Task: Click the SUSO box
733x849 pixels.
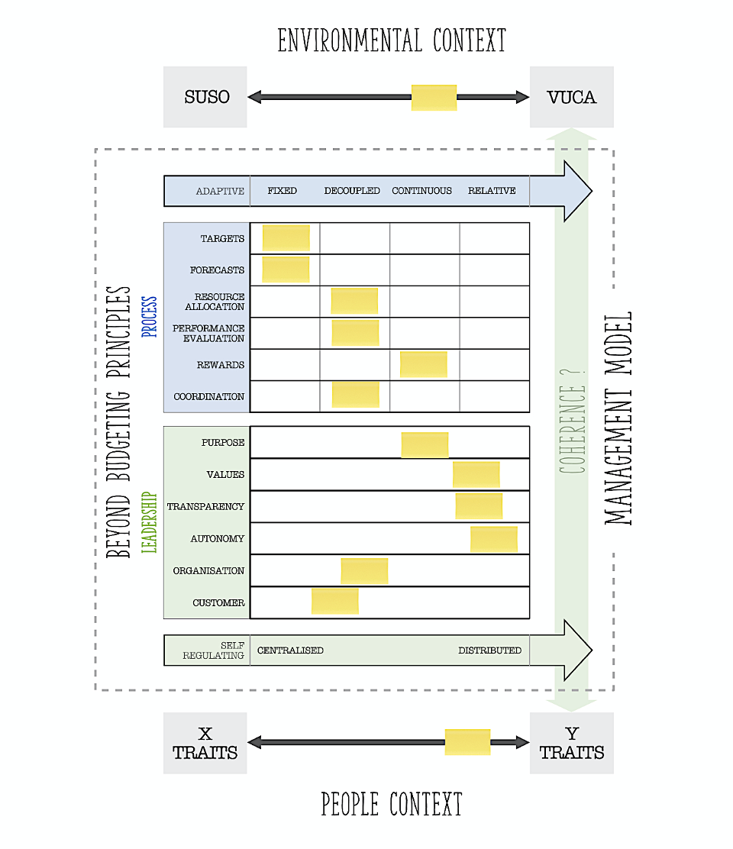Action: (205, 97)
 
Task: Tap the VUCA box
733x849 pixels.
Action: (571, 97)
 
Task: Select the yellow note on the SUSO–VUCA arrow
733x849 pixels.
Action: (434, 98)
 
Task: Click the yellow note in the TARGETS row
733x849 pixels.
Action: (286, 238)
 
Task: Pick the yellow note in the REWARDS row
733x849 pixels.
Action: (423, 364)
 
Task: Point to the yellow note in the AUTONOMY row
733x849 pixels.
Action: (493, 539)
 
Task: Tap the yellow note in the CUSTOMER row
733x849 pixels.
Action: (334, 601)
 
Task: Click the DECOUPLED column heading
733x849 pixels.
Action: (352, 191)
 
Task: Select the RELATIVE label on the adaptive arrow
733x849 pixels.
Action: (492, 191)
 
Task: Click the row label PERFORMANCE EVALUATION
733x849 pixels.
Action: (208, 333)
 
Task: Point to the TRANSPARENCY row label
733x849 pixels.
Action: (205, 507)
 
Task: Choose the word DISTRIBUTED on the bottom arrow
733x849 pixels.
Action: (489, 650)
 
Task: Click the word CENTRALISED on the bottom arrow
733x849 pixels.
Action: (290, 650)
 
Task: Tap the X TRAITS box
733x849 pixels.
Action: (205, 744)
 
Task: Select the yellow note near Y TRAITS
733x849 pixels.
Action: (467, 742)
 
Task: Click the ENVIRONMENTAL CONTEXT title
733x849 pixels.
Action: (392, 40)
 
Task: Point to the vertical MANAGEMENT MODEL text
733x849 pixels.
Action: (618, 418)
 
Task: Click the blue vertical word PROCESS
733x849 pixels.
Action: (150, 317)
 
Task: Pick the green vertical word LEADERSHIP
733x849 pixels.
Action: (150, 522)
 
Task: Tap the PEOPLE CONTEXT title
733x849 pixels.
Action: (392, 804)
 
